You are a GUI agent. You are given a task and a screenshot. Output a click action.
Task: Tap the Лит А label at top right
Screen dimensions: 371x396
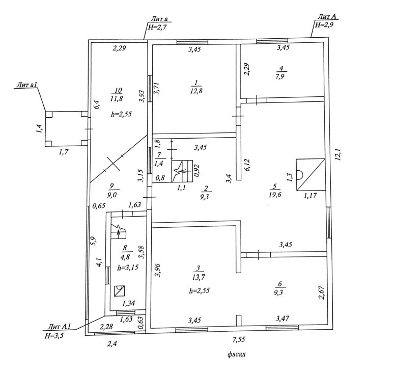[326, 17]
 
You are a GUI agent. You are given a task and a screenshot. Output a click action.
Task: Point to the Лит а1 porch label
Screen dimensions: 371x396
[24, 89]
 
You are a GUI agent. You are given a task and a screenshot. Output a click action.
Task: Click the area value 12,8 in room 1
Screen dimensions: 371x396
[196, 91]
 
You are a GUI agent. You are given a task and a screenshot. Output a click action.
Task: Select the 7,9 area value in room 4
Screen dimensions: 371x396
[279, 77]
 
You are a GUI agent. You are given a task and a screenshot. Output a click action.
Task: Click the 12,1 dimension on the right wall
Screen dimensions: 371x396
[336, 153]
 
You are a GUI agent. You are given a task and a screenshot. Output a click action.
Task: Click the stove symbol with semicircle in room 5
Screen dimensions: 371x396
[309, 174]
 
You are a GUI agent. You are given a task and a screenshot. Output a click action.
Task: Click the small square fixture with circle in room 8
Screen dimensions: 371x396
[120, 290]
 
